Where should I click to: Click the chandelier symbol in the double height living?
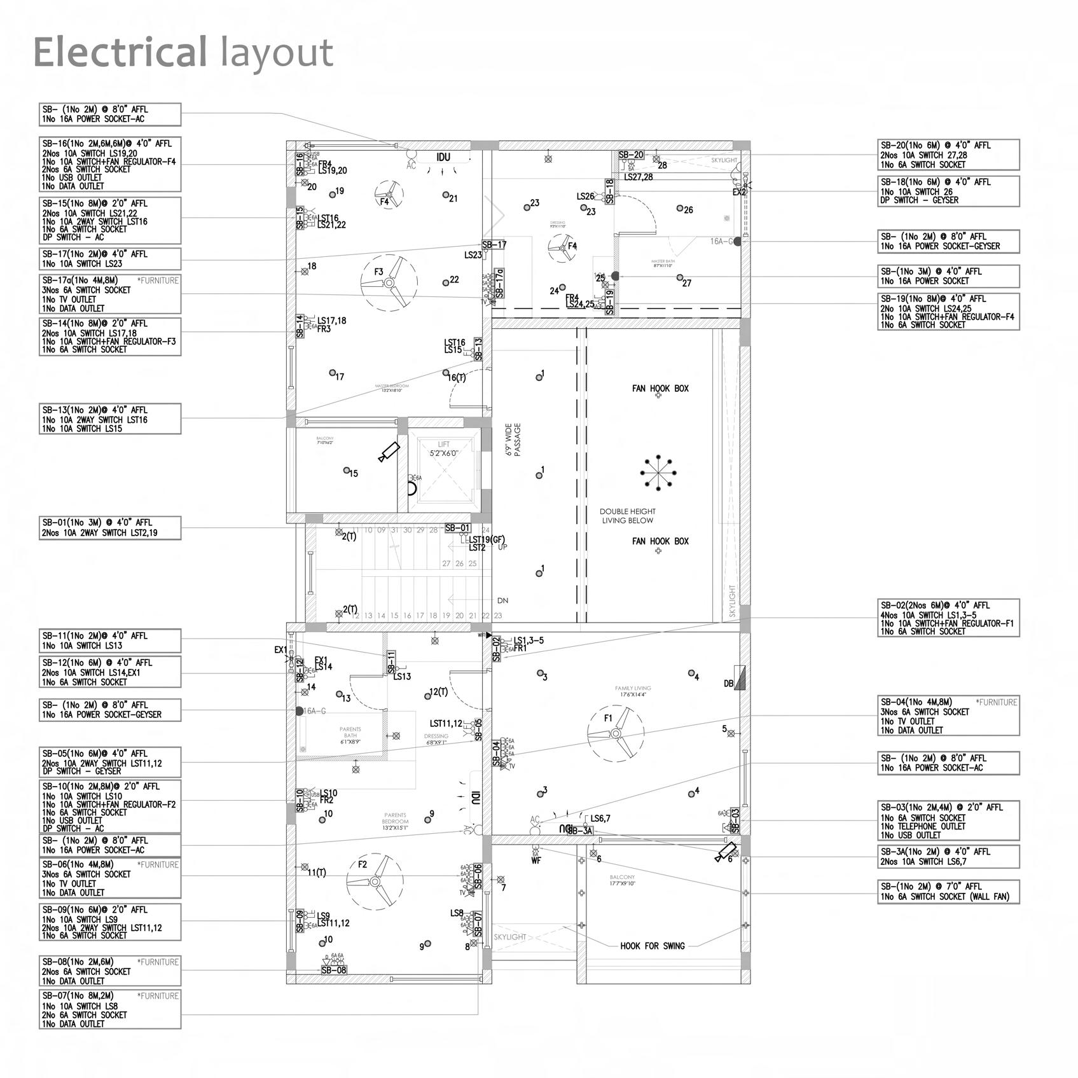658,473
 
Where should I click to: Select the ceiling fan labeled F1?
615,733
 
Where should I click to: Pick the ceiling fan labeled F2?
375,881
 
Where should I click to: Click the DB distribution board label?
729,684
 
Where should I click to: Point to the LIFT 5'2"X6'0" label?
443,449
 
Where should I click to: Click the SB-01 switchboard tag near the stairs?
457,528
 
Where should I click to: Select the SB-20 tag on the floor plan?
631,155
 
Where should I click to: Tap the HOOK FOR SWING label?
653,946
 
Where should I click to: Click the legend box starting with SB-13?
109,418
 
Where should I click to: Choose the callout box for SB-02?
948,618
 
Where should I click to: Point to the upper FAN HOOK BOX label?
660,388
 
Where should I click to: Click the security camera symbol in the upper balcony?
389,451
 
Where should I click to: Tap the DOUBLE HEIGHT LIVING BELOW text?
627,516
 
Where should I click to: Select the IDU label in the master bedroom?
443,157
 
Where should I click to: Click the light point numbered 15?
347,471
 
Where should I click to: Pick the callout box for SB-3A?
948,856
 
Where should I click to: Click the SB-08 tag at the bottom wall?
334,970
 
